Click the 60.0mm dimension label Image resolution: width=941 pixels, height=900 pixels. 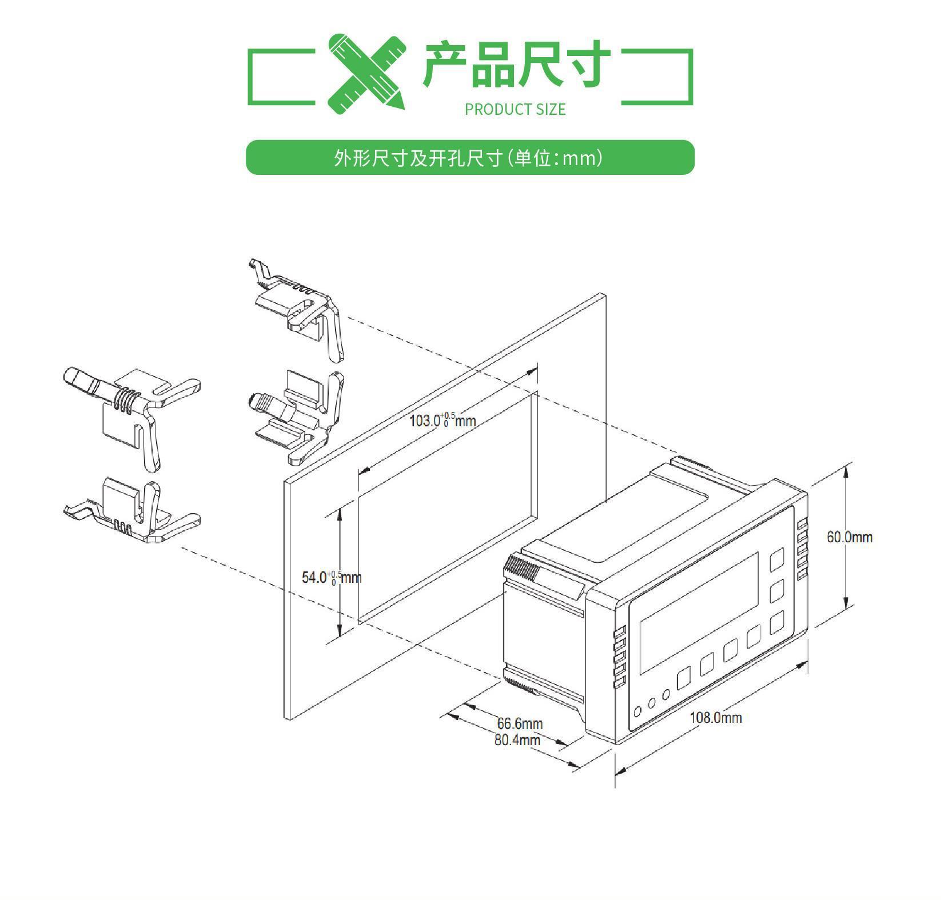849,537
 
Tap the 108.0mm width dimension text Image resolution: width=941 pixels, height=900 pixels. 715,718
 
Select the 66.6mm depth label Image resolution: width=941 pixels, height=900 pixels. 519,724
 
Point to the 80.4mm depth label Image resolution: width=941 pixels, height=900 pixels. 517,740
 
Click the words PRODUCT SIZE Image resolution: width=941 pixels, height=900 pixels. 515,109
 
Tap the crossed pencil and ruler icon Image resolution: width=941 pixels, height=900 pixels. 366,71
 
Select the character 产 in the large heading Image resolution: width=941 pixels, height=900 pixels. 445,64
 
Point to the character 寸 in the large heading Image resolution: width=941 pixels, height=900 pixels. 585,64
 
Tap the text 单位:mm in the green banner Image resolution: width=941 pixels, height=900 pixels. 557,158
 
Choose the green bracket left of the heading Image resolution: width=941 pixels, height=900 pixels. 280,77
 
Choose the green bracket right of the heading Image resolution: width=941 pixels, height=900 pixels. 657,77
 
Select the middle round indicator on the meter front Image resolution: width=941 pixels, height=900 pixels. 651,703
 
